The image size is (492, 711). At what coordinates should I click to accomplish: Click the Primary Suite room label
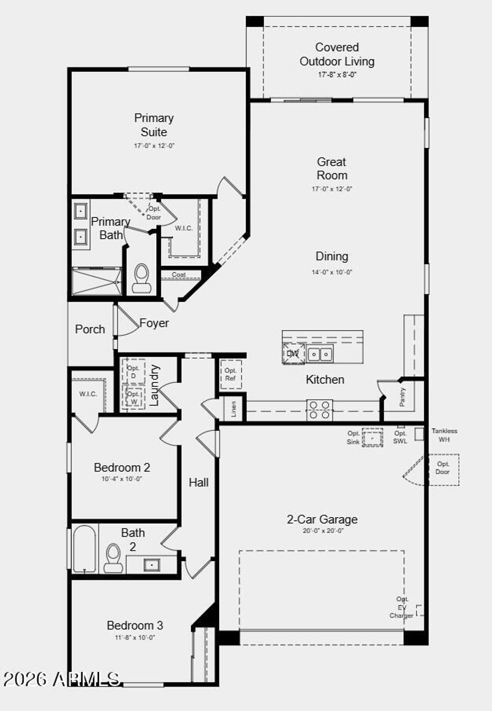point(154,125)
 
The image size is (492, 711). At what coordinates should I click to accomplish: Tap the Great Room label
point(332,168)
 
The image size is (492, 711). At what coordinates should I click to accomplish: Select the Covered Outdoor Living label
point(337,54)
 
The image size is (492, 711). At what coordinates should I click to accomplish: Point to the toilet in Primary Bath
point(141,279)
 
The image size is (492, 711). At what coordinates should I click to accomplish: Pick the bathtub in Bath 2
point(85,549)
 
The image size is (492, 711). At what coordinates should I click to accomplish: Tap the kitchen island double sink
point(320,355)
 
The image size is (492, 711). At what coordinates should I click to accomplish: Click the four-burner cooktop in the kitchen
point(320,410)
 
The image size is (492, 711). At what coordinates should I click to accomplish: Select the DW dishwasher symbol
point(293,354)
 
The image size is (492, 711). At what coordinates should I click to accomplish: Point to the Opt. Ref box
point(231,374)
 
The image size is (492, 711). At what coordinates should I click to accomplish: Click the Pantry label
point(403,397)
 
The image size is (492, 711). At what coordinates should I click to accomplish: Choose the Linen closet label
point(234,409)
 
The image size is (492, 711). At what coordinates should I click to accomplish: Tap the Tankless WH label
point(444,435)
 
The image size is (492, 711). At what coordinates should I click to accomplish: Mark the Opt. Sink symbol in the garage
point(372,438)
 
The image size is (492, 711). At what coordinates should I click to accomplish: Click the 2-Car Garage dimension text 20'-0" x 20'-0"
point(323,531)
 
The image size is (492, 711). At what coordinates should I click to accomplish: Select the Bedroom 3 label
point(135,625)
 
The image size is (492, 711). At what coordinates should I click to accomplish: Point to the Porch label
point(90,330)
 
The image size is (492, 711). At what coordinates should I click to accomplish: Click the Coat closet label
point(179,275)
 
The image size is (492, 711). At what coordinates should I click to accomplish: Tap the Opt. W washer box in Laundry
point(134,397)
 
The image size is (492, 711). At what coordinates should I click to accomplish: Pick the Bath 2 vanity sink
point(152,564)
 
